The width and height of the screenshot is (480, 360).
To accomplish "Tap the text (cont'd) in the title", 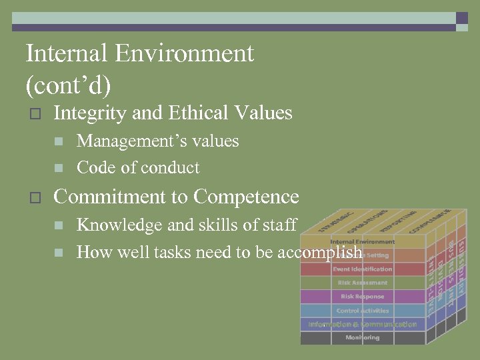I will (68, 86).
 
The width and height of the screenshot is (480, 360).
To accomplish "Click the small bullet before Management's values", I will (59, 141).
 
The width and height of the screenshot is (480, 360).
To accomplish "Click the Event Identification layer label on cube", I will (362, 269).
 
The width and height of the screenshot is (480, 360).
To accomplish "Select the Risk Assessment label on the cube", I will (362, 283).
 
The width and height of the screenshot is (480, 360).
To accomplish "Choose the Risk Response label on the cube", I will (362, 297).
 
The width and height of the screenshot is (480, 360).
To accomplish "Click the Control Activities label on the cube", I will (362, 311).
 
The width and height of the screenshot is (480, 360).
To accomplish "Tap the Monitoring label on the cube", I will (362, 338).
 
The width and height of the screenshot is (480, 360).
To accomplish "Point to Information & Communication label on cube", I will (362, 325).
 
